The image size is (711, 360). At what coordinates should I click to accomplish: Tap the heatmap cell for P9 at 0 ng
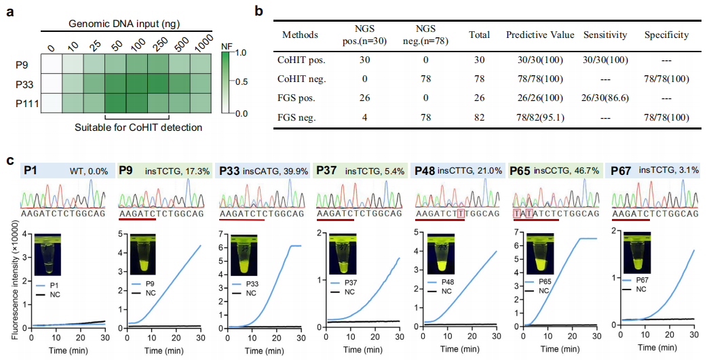pyautogui.click(x=52, y=65)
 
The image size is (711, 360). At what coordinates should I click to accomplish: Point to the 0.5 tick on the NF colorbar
pyautogui.click(x=237, y=82)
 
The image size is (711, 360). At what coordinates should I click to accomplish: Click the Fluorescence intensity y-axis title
pyautogui.click(x=9, y=277)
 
